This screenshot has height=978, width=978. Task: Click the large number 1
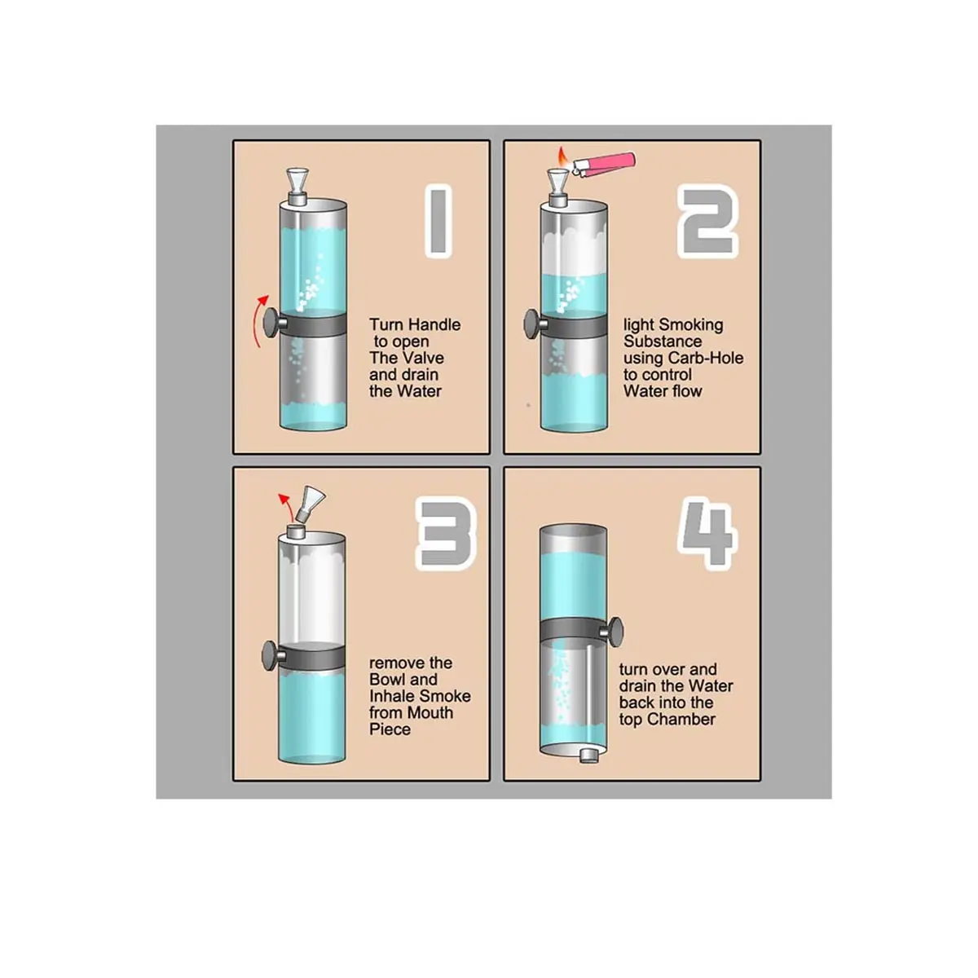[x=438, y=222]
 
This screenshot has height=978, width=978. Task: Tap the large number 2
[x=707, y=222]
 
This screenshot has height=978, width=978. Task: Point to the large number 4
[x=707, y=533]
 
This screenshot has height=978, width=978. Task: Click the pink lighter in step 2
[x=604, y=164]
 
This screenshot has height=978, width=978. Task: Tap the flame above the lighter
[x=562, y=156]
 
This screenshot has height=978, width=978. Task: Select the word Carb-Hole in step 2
[x=706, y=358]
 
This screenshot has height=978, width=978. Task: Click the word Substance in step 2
[x=663, y=341]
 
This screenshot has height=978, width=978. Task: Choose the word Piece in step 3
[x=390, y=729]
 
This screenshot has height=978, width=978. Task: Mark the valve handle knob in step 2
[x=532, y=322]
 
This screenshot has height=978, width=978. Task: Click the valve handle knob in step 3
[x=271, y=655]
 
